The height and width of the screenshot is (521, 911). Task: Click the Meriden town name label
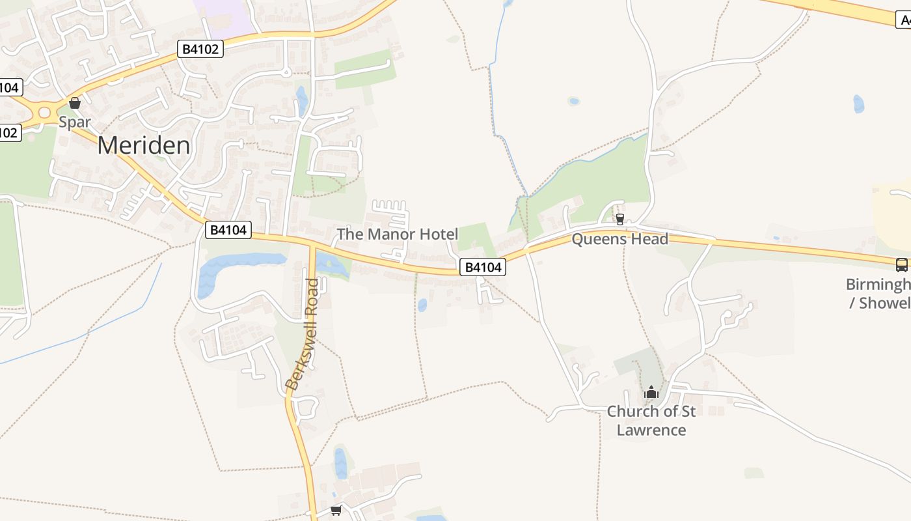(144, 145)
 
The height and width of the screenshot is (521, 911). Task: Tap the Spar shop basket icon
(75, 103)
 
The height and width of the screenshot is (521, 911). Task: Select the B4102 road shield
(200, 49)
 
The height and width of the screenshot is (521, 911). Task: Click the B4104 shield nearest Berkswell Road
(228, 229)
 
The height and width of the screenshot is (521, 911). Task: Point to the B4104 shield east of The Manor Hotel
(483, 267)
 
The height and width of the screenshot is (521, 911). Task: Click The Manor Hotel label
(397, 234)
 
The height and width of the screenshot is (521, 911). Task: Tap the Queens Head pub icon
(620, 219)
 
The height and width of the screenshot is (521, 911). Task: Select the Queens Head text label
(619, 239)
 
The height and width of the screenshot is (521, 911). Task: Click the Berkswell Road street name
(303, 335)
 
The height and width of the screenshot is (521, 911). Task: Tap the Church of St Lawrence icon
(651, 393)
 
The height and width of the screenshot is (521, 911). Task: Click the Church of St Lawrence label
(651, 421)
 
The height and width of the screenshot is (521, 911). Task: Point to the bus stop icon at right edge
(901, 265)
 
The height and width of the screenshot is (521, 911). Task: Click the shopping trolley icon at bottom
(336, 510)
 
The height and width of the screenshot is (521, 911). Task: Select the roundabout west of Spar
(44, 113)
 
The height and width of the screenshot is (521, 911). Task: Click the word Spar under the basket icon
(74, 122)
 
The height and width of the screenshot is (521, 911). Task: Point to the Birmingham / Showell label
(878, 294)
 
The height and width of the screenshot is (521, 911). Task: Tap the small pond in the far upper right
(859, 104)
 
